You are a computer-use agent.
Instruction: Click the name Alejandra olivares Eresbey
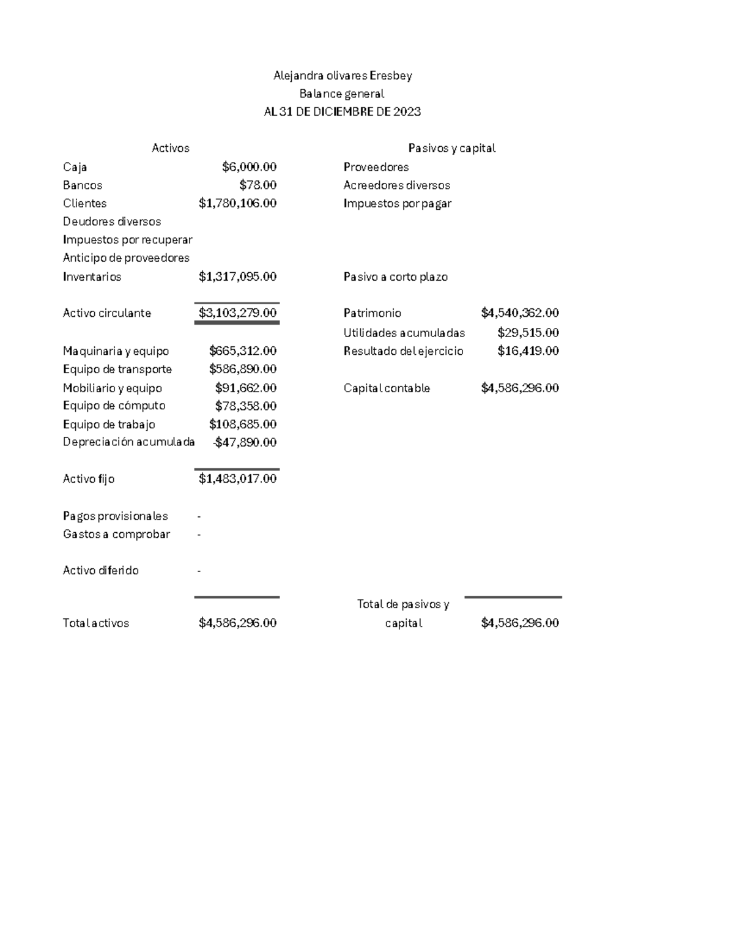[343, 76]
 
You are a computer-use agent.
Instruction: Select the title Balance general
[341, 94]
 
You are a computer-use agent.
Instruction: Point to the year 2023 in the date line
[407, 112]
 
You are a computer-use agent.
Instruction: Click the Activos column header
[170, 148]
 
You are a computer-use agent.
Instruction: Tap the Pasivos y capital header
[451, 148]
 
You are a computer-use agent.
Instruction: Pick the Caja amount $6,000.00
[249, 167]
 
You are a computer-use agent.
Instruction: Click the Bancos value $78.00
[258, 185]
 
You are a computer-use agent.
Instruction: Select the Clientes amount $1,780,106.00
[237, 203]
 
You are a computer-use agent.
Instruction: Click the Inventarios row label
[92, 276]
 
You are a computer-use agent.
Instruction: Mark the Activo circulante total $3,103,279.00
[237, 313]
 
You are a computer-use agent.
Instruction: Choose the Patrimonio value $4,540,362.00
[519, 313]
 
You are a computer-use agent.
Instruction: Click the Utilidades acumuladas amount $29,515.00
[528, 333]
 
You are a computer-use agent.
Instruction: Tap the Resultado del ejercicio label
[403, 351]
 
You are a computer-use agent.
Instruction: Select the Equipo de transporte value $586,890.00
[242, 369]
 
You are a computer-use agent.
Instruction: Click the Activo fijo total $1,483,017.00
[237, 479]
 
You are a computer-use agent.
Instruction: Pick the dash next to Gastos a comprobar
[199, 535]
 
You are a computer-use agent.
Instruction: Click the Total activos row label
[96, 623]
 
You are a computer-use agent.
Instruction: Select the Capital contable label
[387, 388]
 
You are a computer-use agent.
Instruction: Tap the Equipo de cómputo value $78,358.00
[245, 406]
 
